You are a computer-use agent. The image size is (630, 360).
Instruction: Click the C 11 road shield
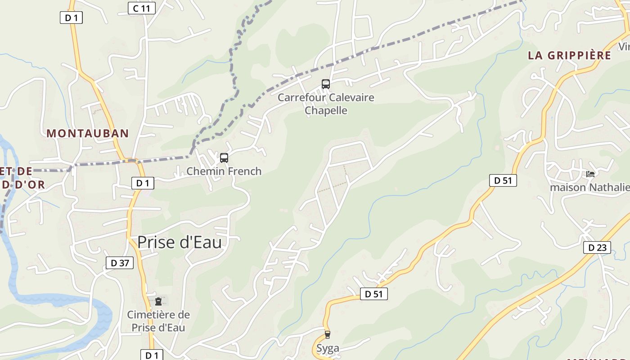click(x=141, y=8)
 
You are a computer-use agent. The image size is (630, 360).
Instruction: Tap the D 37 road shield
click(x=120, y=263)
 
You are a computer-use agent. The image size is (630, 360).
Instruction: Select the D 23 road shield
click(x=597, y=247)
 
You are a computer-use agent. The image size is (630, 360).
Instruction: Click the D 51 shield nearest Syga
click(x=373, y=294)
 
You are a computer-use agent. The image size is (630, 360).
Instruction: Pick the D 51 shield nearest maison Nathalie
click(x=503, y=180)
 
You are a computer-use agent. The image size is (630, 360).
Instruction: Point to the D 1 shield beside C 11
click(x=71, y=18)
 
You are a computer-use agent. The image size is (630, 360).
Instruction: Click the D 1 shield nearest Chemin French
click(x=143, y=183)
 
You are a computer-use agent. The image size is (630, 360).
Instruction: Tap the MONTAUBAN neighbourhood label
click(x=88, y=133)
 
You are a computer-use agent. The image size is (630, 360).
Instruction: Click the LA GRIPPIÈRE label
click(x=569, y=55)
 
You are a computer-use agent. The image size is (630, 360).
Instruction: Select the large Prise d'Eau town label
click(x=179, y=242)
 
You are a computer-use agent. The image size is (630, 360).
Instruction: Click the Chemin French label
click(x=224, y=171)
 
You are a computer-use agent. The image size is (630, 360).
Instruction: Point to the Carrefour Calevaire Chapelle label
click(x=326, y=104)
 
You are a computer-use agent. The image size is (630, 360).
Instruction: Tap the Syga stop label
click(x=327, y=348)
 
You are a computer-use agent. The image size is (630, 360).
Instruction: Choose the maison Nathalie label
click(x=589, y=187)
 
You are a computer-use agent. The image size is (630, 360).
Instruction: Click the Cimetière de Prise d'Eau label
click(x=158, y=321)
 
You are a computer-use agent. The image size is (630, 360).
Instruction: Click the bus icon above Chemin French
click(x=224, y=158)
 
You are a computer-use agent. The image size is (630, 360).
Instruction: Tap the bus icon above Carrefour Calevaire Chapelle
click(x=325, y=84)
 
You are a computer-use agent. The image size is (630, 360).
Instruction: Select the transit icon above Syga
click(x=327, y=334)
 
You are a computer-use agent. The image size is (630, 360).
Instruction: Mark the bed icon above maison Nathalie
click(x=590, y=174)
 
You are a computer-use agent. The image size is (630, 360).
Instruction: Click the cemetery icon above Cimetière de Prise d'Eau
click(x=158, y=301)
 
